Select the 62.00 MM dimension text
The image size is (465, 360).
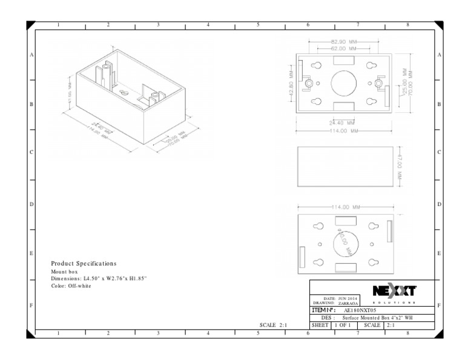pos(343,48)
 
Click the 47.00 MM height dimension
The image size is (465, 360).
pos(400,164)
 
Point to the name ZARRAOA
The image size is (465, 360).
pos(346,303)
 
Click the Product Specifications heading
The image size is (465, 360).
pos(84,264)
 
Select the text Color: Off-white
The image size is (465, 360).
pos(71,285)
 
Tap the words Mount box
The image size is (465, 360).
pos(64,272)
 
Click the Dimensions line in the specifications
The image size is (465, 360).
pos(99,279)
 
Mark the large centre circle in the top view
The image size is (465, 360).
pos(343,82)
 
